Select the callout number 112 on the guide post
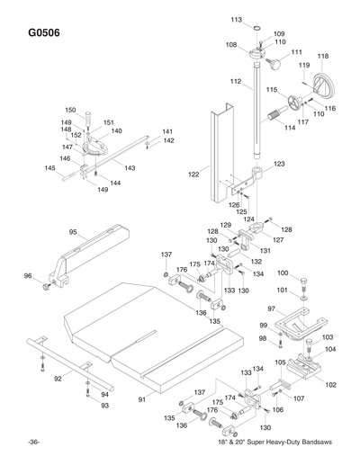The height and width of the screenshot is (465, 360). tap(235, 82)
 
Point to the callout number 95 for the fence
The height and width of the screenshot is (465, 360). tap(73, 232)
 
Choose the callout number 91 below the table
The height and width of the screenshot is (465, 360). tap(140, 398)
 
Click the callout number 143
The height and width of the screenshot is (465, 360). tap(130, 167)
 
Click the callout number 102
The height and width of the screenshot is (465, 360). tap(330, 384)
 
